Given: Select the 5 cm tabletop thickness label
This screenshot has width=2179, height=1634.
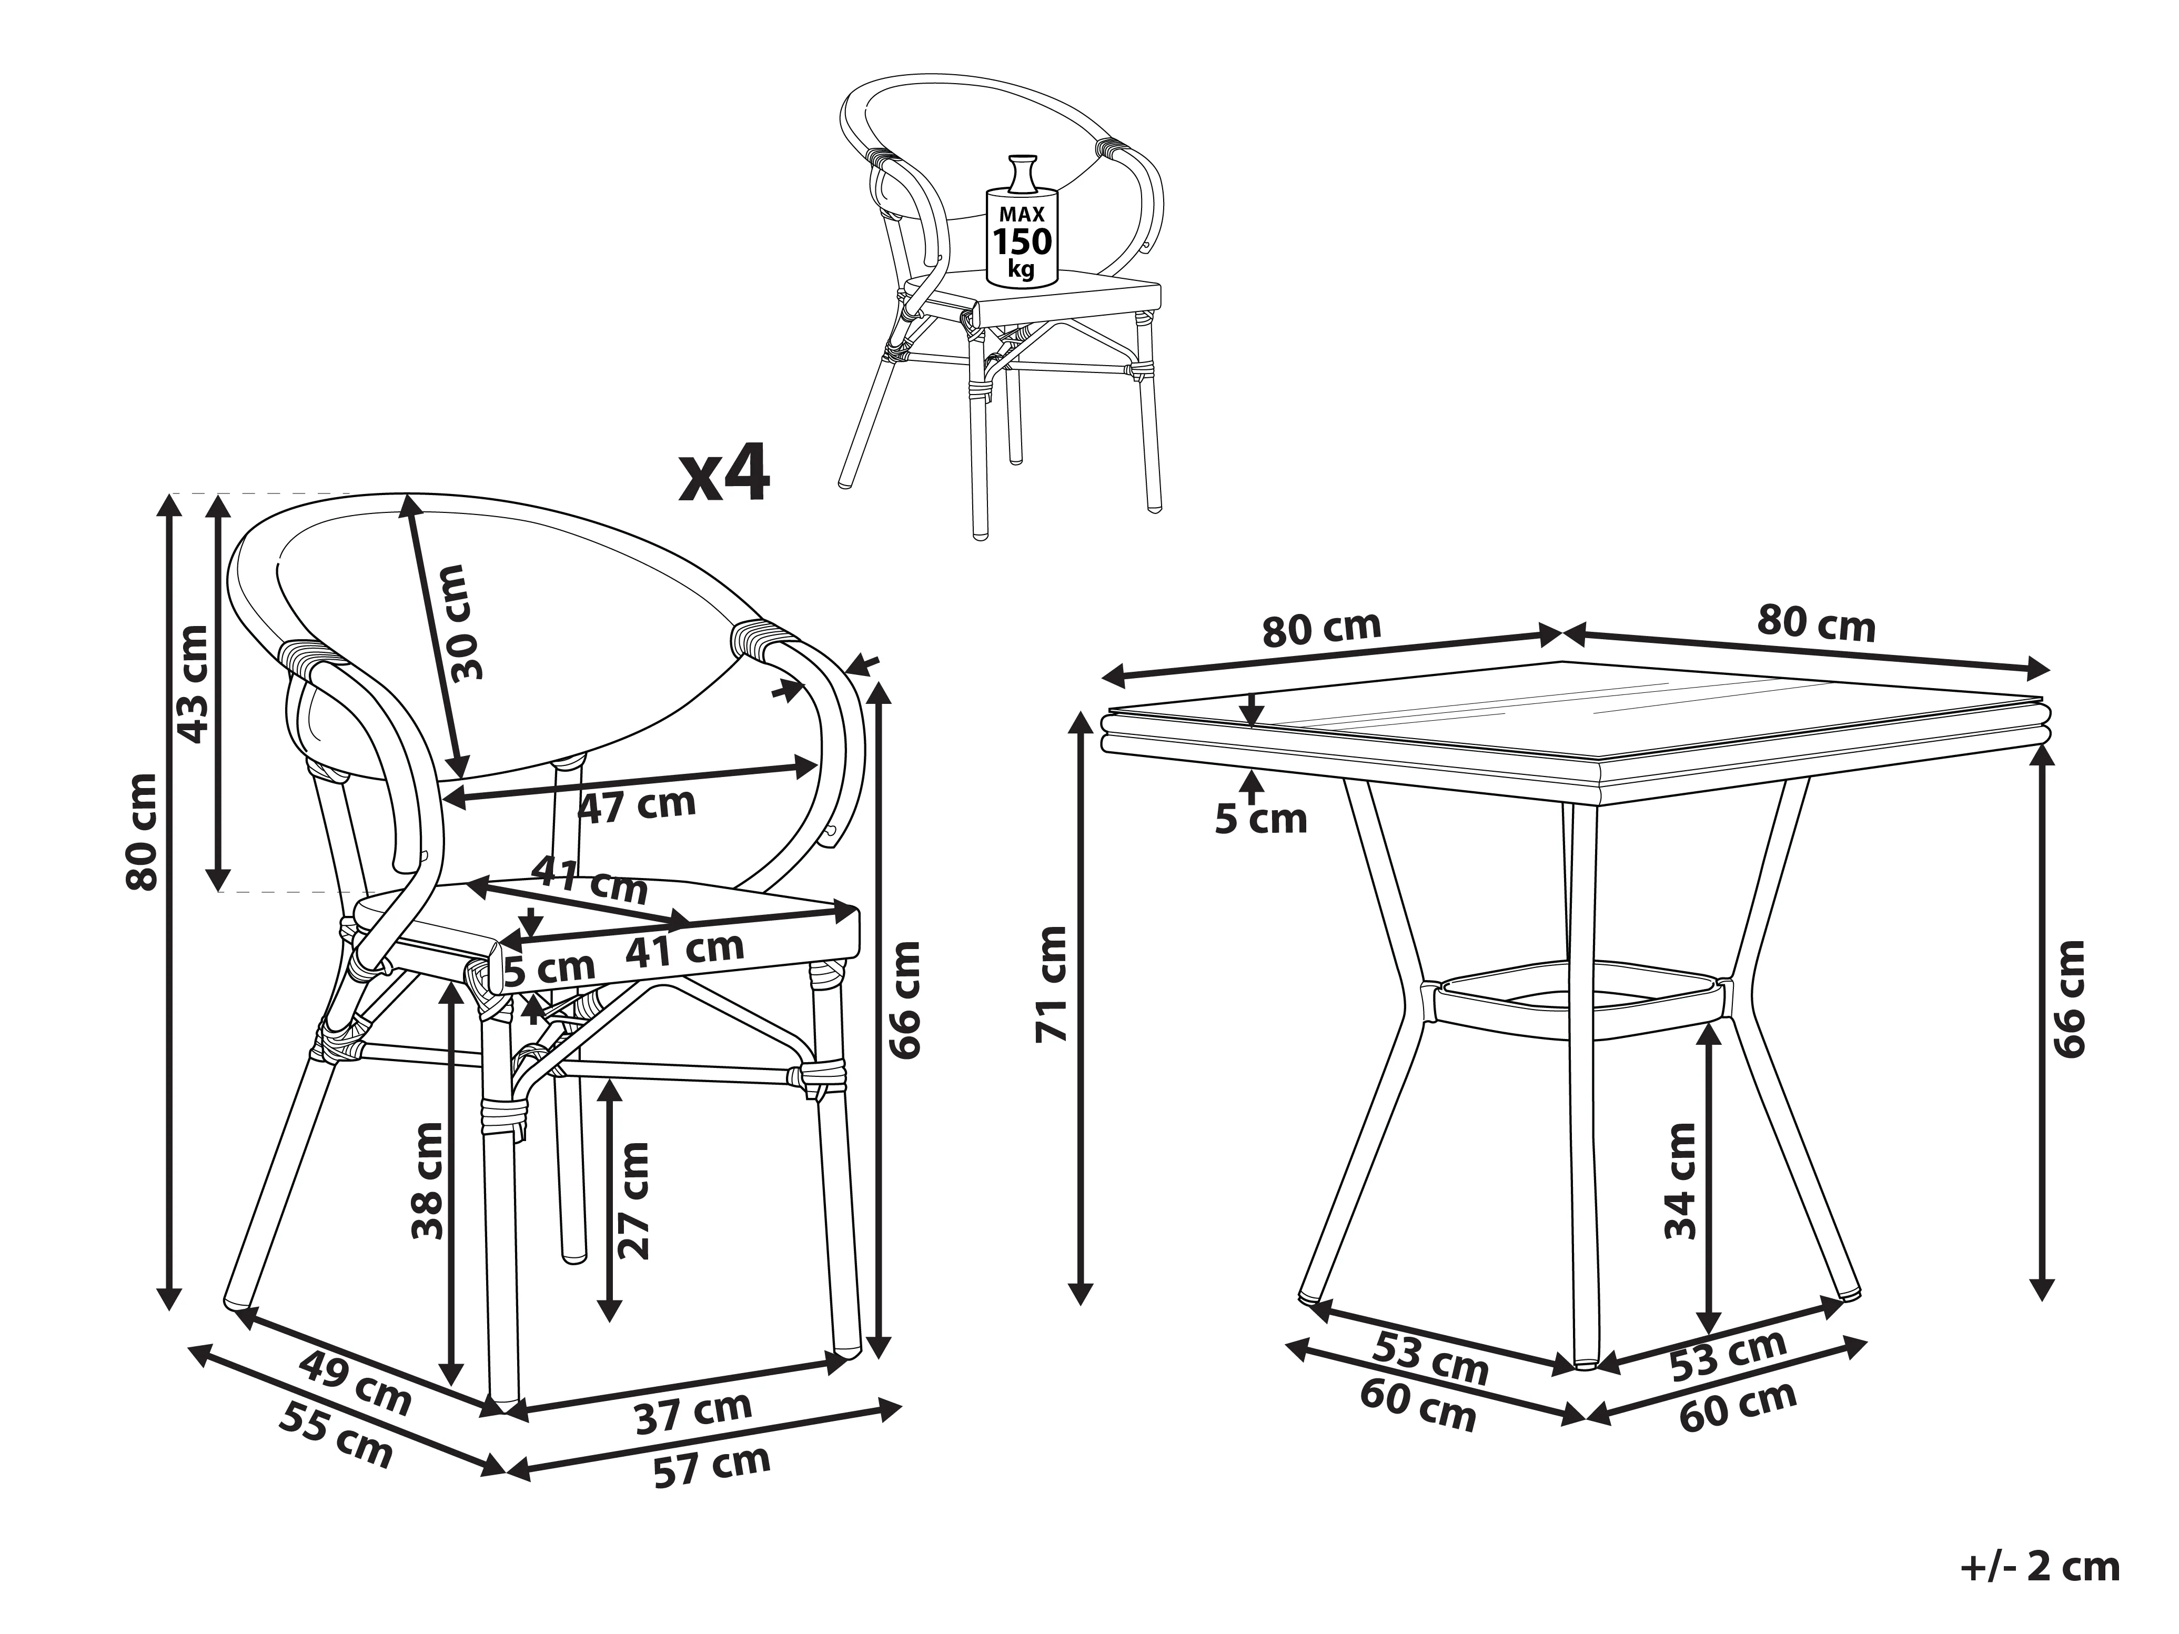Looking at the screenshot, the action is tap(1261, 819).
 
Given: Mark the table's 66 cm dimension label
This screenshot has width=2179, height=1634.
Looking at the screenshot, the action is tap(2069, 998).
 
